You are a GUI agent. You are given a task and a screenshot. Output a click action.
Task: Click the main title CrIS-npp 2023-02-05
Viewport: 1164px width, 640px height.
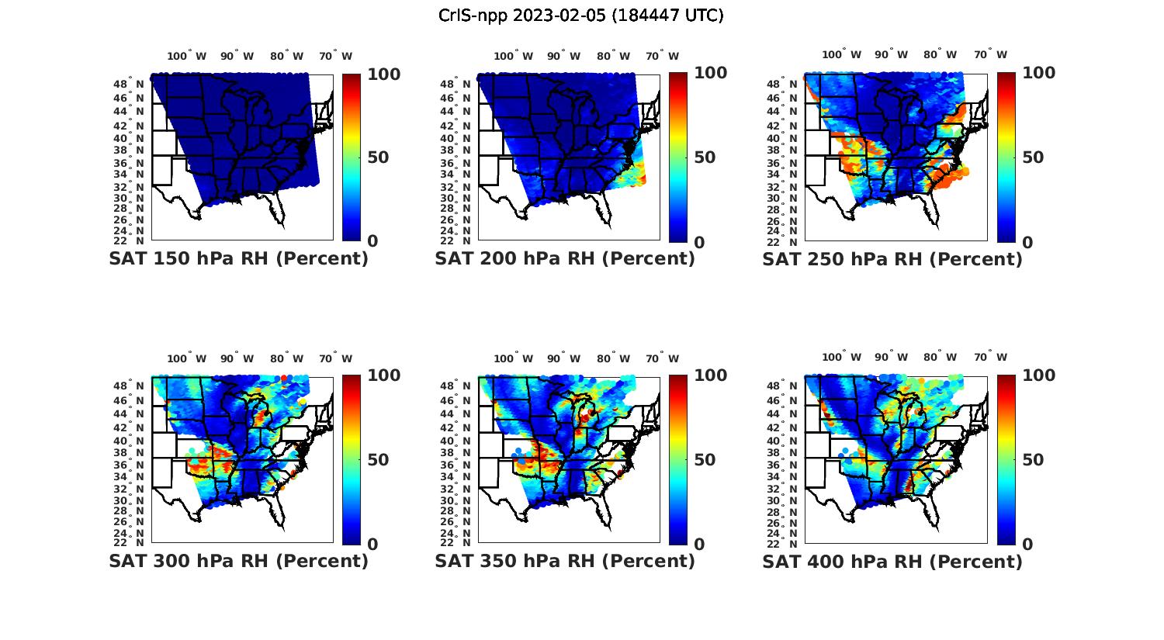(x=580, y=16)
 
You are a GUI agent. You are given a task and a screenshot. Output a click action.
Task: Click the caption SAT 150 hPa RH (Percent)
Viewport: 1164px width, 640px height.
(x=238, y=258)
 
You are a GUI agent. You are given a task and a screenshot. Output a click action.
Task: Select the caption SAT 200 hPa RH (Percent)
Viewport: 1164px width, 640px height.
(x=565, y=258)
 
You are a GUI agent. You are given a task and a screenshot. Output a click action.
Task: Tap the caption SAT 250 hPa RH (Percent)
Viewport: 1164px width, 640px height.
(x=892, y=258)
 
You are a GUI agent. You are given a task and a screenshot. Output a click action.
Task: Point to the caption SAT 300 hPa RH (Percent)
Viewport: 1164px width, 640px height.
(x=238, y=560)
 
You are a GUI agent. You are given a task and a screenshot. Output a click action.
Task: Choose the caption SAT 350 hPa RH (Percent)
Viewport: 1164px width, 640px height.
(x=565, y=560)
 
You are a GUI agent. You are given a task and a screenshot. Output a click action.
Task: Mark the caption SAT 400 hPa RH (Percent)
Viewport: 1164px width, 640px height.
(x=892, y=560)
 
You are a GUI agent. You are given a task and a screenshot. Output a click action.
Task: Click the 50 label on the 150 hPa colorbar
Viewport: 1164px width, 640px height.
(x=378, y=157)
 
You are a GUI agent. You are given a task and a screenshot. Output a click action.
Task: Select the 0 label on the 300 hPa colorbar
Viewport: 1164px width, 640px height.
(x=372, y=545)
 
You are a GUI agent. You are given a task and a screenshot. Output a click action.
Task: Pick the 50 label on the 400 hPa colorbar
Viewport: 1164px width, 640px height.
(x=1032, y=460)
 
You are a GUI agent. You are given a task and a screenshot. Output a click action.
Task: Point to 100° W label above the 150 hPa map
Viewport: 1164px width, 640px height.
(x=187, y=56)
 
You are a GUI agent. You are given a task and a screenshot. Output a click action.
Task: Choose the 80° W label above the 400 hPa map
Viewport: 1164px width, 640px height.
(x=940, y=358)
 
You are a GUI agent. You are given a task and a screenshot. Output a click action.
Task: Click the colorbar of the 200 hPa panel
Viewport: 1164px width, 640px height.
(x=678, y=157)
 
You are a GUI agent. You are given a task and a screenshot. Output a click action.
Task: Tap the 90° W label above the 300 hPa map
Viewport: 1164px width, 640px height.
(x=237, y=358)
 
